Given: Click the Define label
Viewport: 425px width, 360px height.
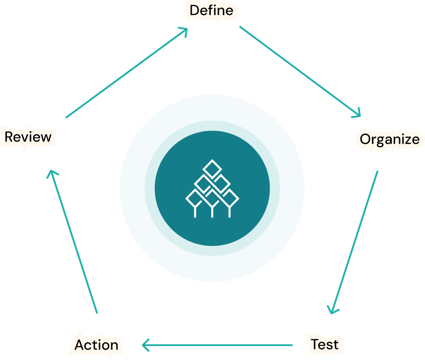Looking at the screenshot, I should [x=211, y=10].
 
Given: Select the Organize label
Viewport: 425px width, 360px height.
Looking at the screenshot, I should [x=390, y=139].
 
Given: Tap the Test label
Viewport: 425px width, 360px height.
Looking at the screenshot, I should [x=325, y=344].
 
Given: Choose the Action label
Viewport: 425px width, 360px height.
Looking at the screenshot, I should [x=96, y=345].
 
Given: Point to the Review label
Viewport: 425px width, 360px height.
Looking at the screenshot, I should [x=28, y=137].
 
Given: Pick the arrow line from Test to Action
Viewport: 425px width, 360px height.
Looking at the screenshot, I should [x=218, y=345].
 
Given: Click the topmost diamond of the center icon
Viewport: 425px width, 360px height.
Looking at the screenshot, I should [x=212, y=169].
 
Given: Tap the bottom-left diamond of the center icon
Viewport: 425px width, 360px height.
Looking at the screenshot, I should [x=195, y=199].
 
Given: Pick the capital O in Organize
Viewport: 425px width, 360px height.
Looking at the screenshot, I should [x=366, y=139].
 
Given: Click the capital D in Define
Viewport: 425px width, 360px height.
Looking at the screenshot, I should [x=195, y=10].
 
